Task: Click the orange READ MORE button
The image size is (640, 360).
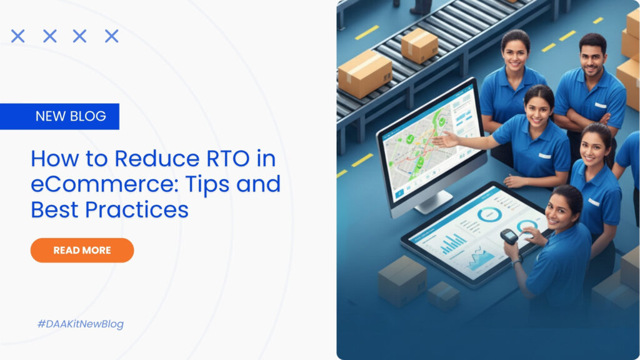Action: (x=82, y=250)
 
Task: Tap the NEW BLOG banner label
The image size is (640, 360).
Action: (x=70, y=116)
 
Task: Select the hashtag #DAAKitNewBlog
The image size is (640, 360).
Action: (x=81, y=324)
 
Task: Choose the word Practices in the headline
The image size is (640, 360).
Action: (x=137, y=210)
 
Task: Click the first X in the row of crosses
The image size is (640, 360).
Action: (x=18, y=36)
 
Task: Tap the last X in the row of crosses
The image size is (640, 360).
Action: (x=111, y=36)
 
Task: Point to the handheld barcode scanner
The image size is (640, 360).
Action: (x=509, y=236)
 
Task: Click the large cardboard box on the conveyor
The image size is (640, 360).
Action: (x=364, y=74)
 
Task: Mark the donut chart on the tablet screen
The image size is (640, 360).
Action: (x=489, y=215)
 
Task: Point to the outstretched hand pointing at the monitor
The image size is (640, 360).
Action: (x=445, y=139)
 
